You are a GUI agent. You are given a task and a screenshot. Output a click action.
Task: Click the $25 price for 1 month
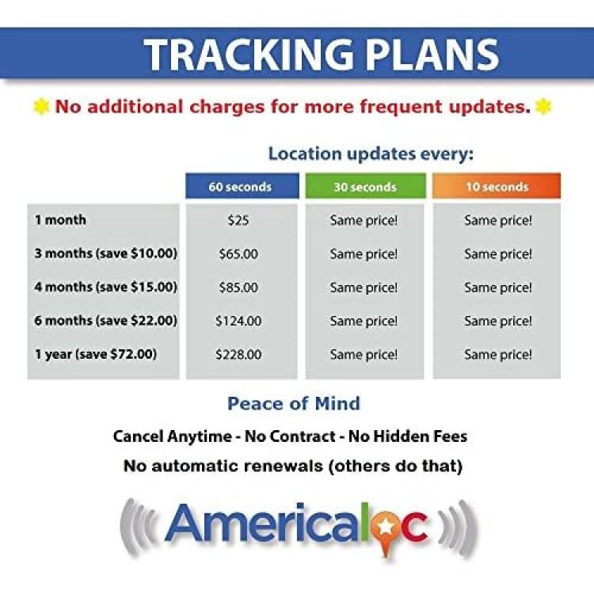[x=238, y=220]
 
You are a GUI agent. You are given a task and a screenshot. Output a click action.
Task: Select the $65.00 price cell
[x=238, y=253]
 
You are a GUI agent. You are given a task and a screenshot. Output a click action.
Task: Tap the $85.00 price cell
[x=238, y=287]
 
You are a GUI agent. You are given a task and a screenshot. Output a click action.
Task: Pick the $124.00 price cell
[x=238, y=321]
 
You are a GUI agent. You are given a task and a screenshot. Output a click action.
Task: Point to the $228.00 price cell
[x=238, y=354]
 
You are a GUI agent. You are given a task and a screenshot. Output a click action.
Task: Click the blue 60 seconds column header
[x=242, y=186]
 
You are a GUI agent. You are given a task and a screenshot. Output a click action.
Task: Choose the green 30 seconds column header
[x=365, y=186]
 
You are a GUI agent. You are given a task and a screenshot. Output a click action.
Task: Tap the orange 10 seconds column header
[x=497, y=186]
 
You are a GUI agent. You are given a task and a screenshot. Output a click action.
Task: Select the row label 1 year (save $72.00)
[x=96, y=354]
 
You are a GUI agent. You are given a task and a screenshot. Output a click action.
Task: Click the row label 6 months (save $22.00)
[x=105, y=321]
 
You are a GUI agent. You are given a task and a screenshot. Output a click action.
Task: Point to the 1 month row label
[x=60, y=219]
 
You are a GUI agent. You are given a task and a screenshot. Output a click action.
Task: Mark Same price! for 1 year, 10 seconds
[x=498, y=355]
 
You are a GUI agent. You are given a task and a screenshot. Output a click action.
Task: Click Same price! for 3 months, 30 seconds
[x=364, y=253]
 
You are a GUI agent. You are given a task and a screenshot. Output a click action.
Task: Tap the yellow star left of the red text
[x=41, y=106]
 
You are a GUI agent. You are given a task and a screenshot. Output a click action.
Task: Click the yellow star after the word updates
[x=543, y=106]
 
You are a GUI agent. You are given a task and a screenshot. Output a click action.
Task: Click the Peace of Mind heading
[x=294, y=403]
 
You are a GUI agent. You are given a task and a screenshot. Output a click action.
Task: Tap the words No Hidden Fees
[x=408, y=436]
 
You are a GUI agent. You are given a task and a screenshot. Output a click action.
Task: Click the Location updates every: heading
[x=371, y=154]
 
